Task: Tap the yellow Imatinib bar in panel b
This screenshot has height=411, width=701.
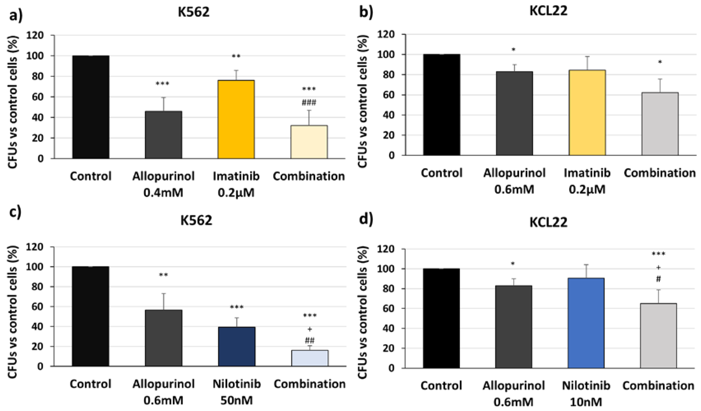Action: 587,113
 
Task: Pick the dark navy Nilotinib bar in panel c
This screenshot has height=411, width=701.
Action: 237,346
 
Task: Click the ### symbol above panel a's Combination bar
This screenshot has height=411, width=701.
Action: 309,103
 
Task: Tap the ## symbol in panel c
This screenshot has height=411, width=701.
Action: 310,340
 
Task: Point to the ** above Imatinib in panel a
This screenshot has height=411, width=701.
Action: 236,57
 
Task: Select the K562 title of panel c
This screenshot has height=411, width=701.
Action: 196,220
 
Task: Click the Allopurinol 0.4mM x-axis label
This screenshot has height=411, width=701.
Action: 163,184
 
